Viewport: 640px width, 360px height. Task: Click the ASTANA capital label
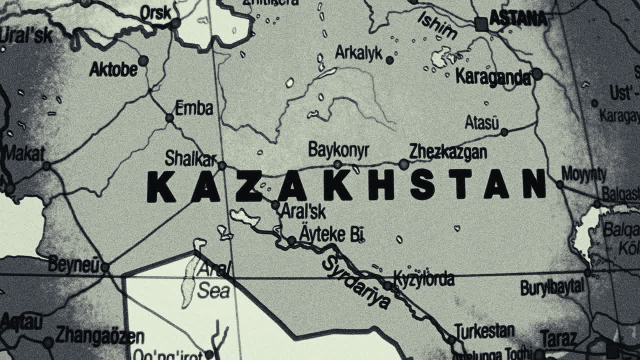click(x=518, y=19)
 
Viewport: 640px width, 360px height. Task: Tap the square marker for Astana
click(x=481, y=23)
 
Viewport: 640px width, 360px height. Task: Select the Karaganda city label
click(x=493, y=77)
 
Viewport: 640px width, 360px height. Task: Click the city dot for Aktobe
click(x=143, y=61)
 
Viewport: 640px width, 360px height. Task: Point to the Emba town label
click(x=194, y=108)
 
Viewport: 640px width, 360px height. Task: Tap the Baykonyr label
click(x=338, y=149)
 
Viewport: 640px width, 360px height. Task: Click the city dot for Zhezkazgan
click(x=403, y=163)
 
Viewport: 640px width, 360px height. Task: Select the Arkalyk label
click(x=358, y=52)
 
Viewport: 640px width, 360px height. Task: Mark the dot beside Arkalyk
click(x=389, y=60)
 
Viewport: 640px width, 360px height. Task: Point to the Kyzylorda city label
click(x=423, y=278)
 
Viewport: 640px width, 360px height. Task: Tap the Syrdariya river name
click(x=356, y=283)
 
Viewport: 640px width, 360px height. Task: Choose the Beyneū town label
click(x=73, y=265)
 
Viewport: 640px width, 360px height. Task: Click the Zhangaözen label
click(x=100, y=335)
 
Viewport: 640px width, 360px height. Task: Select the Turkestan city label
click(x=484, y=330)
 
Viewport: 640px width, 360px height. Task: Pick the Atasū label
click(x=481, y=122)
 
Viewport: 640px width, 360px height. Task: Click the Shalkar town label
click(x=190, y=159)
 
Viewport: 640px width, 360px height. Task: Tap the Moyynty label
click(x=583, y=174)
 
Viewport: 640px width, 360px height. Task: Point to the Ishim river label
click(x=437, y=25)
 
